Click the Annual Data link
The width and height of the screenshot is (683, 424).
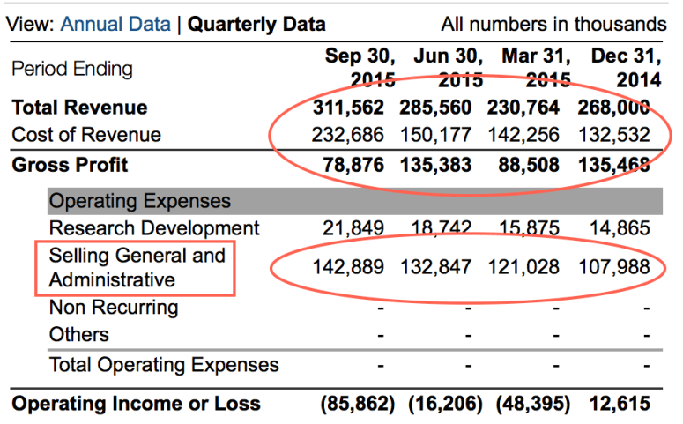coord(116,25)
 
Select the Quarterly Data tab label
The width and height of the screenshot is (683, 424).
coord(257,25)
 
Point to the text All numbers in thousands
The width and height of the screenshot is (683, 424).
coord(553,25)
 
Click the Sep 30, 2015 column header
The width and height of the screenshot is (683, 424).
coord(360,68)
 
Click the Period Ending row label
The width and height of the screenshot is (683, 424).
coord(71,69)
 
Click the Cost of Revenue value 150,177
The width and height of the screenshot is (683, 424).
coord(441,135)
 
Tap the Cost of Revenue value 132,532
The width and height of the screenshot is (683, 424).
coord(614,135)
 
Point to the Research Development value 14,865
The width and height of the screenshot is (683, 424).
coord(622,228)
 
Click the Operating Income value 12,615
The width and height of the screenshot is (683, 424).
coord(622,404)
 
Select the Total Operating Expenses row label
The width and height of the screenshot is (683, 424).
coord(164,365)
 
